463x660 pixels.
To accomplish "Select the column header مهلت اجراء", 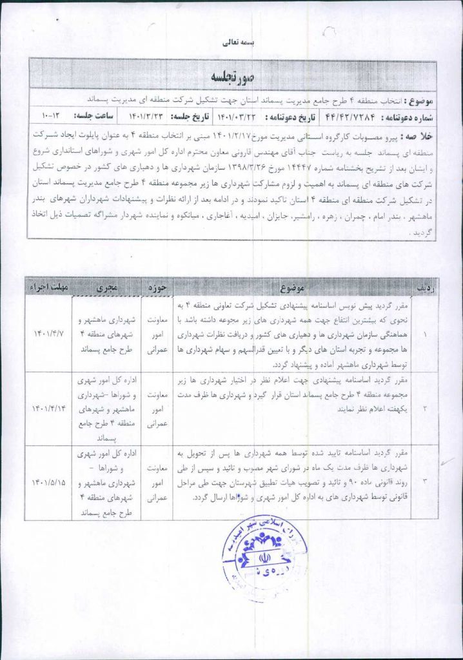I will [48, 286].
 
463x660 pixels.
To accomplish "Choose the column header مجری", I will [106, 286].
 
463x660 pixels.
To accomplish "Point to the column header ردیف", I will [424, 286].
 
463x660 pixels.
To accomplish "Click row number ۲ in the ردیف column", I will [424, 408].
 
